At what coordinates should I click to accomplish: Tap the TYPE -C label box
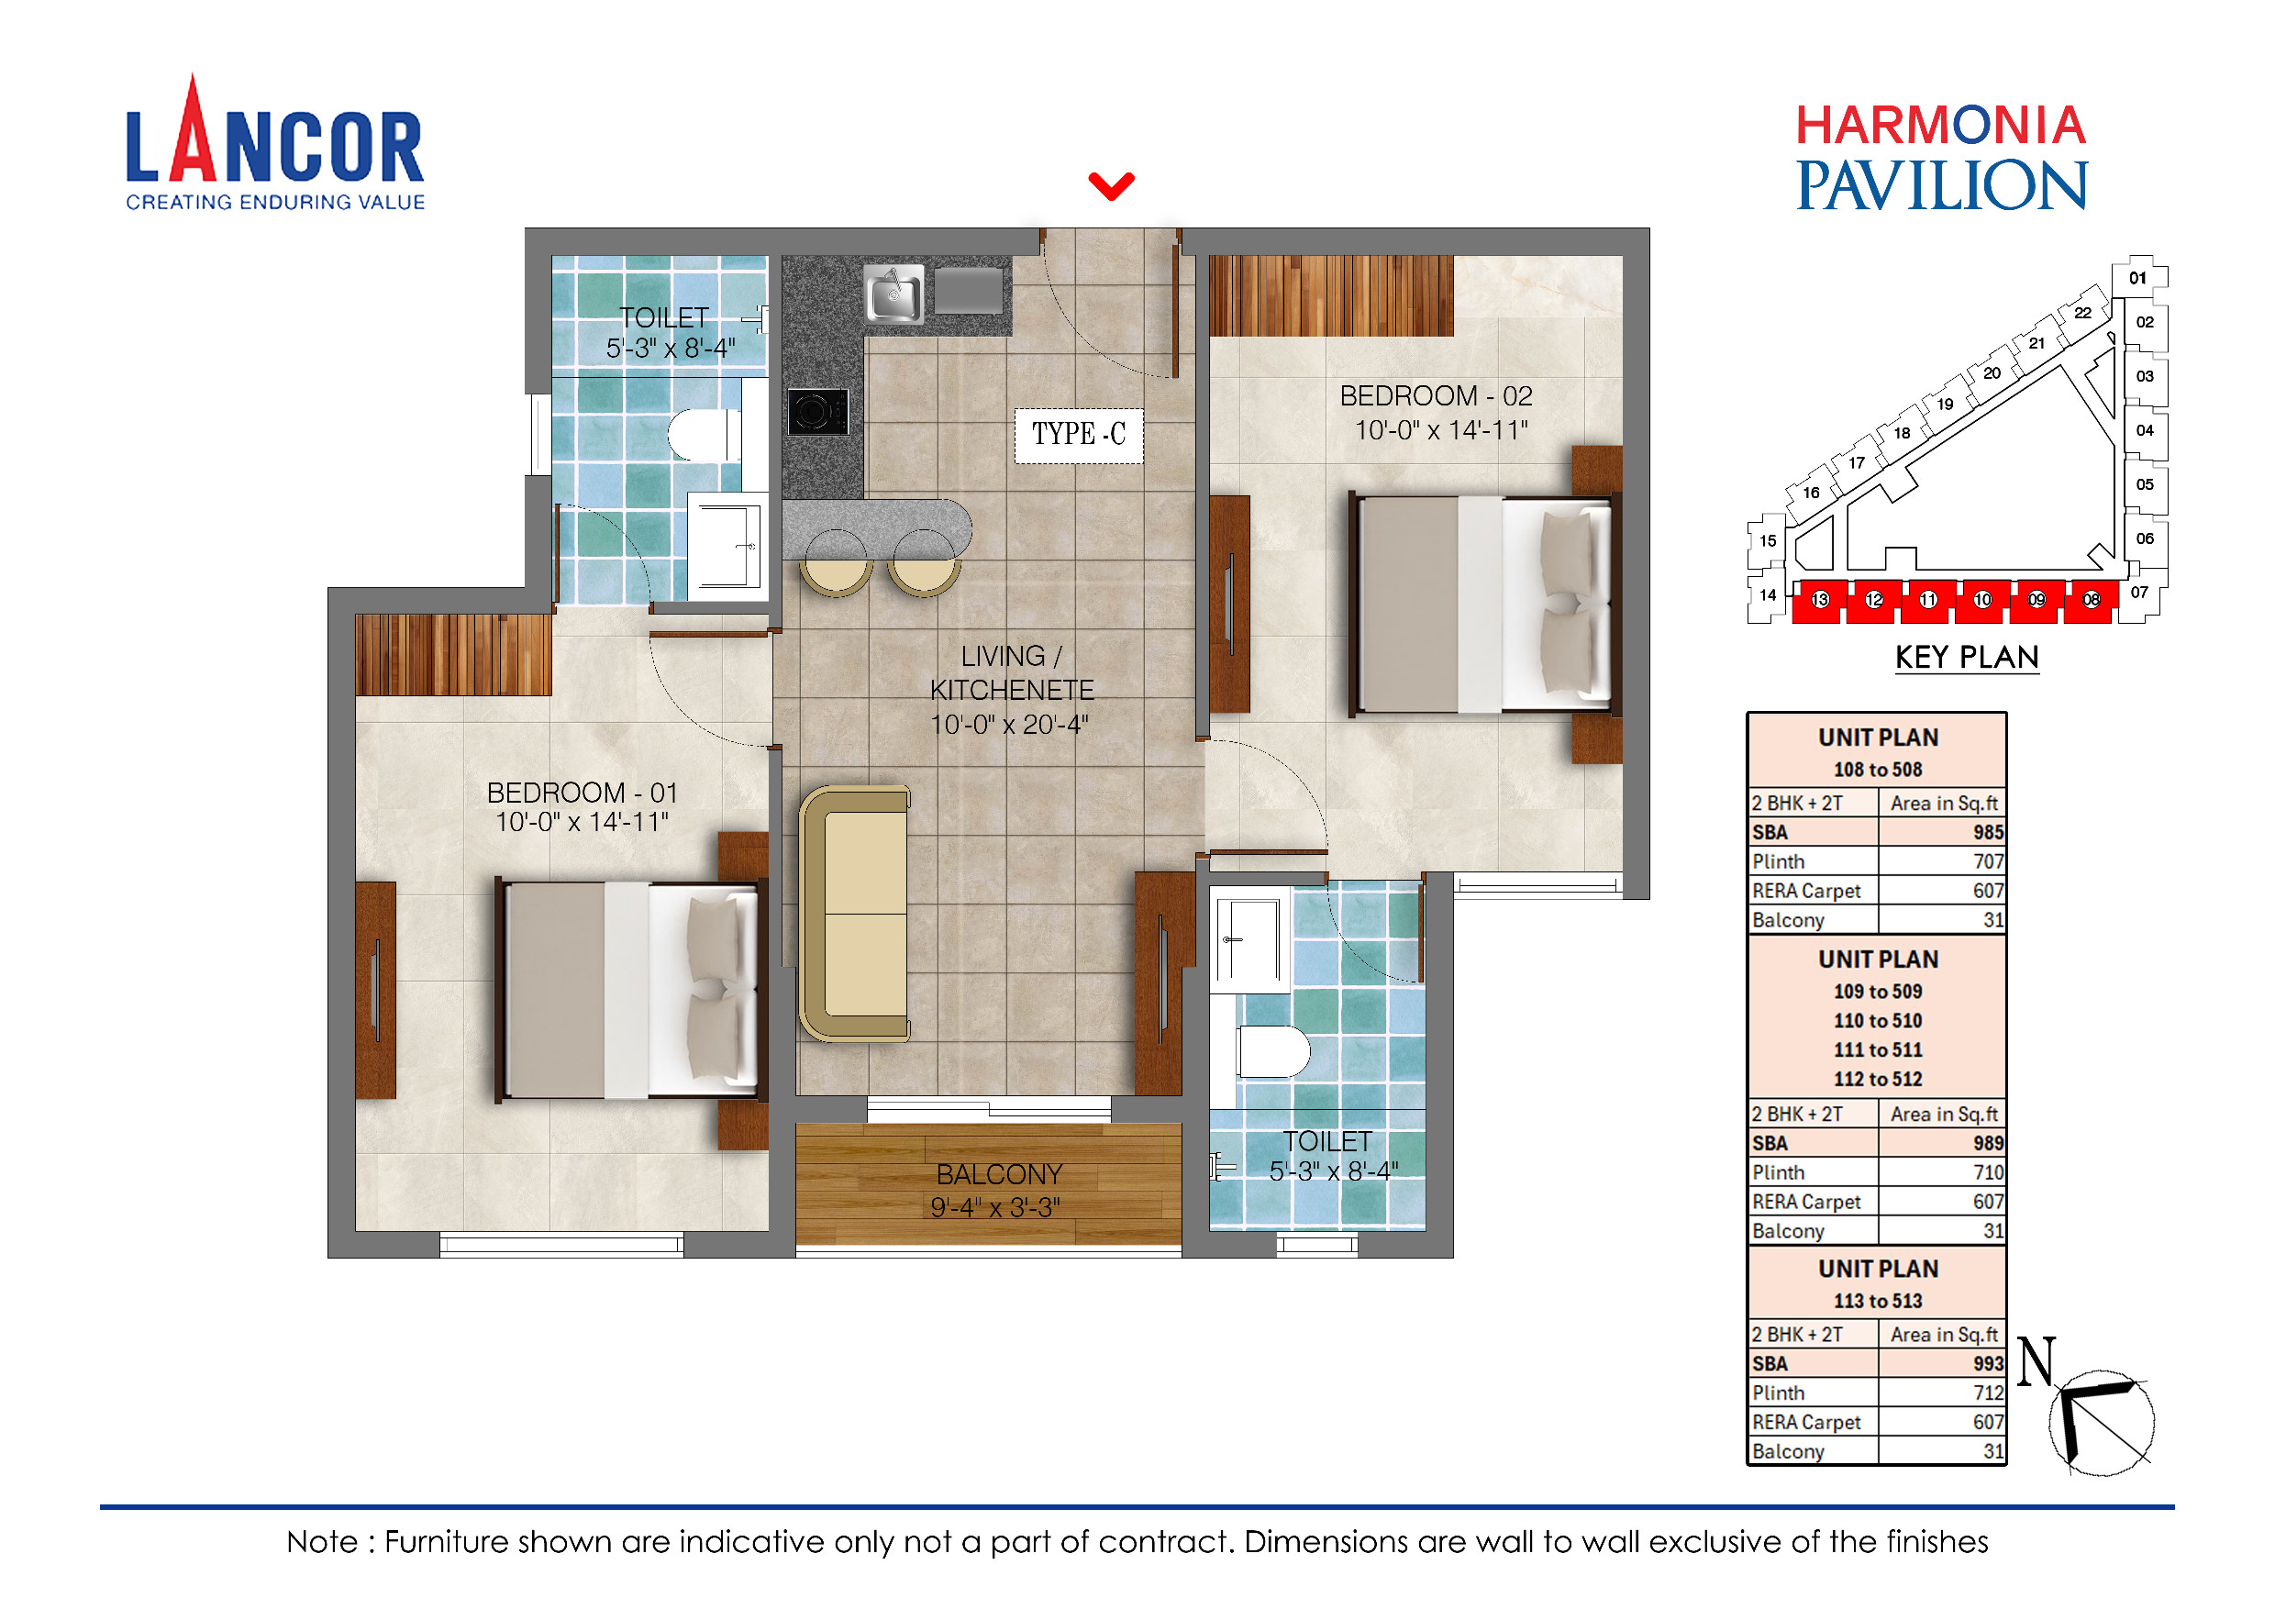[1078, 435]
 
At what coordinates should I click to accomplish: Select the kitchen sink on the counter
[893, 294]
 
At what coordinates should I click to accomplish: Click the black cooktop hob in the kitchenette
[817, 411]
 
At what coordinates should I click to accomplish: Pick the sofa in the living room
[854, 914]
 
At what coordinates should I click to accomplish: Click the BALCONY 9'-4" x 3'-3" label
[998, 1190]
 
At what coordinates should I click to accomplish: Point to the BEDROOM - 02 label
[1436, 396]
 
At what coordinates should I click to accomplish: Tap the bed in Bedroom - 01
[630, 991]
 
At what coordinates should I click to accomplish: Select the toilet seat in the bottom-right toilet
[1272, 1051]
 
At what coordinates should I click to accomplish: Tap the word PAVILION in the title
[1941, 186]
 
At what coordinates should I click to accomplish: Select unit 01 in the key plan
[2137, 278]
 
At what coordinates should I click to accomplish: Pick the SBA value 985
[1987, 832]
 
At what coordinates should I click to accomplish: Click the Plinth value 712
[1987, 1393]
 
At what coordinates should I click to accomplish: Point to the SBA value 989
[1987, 1143]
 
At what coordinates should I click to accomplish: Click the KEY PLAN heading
[1966, 658]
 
